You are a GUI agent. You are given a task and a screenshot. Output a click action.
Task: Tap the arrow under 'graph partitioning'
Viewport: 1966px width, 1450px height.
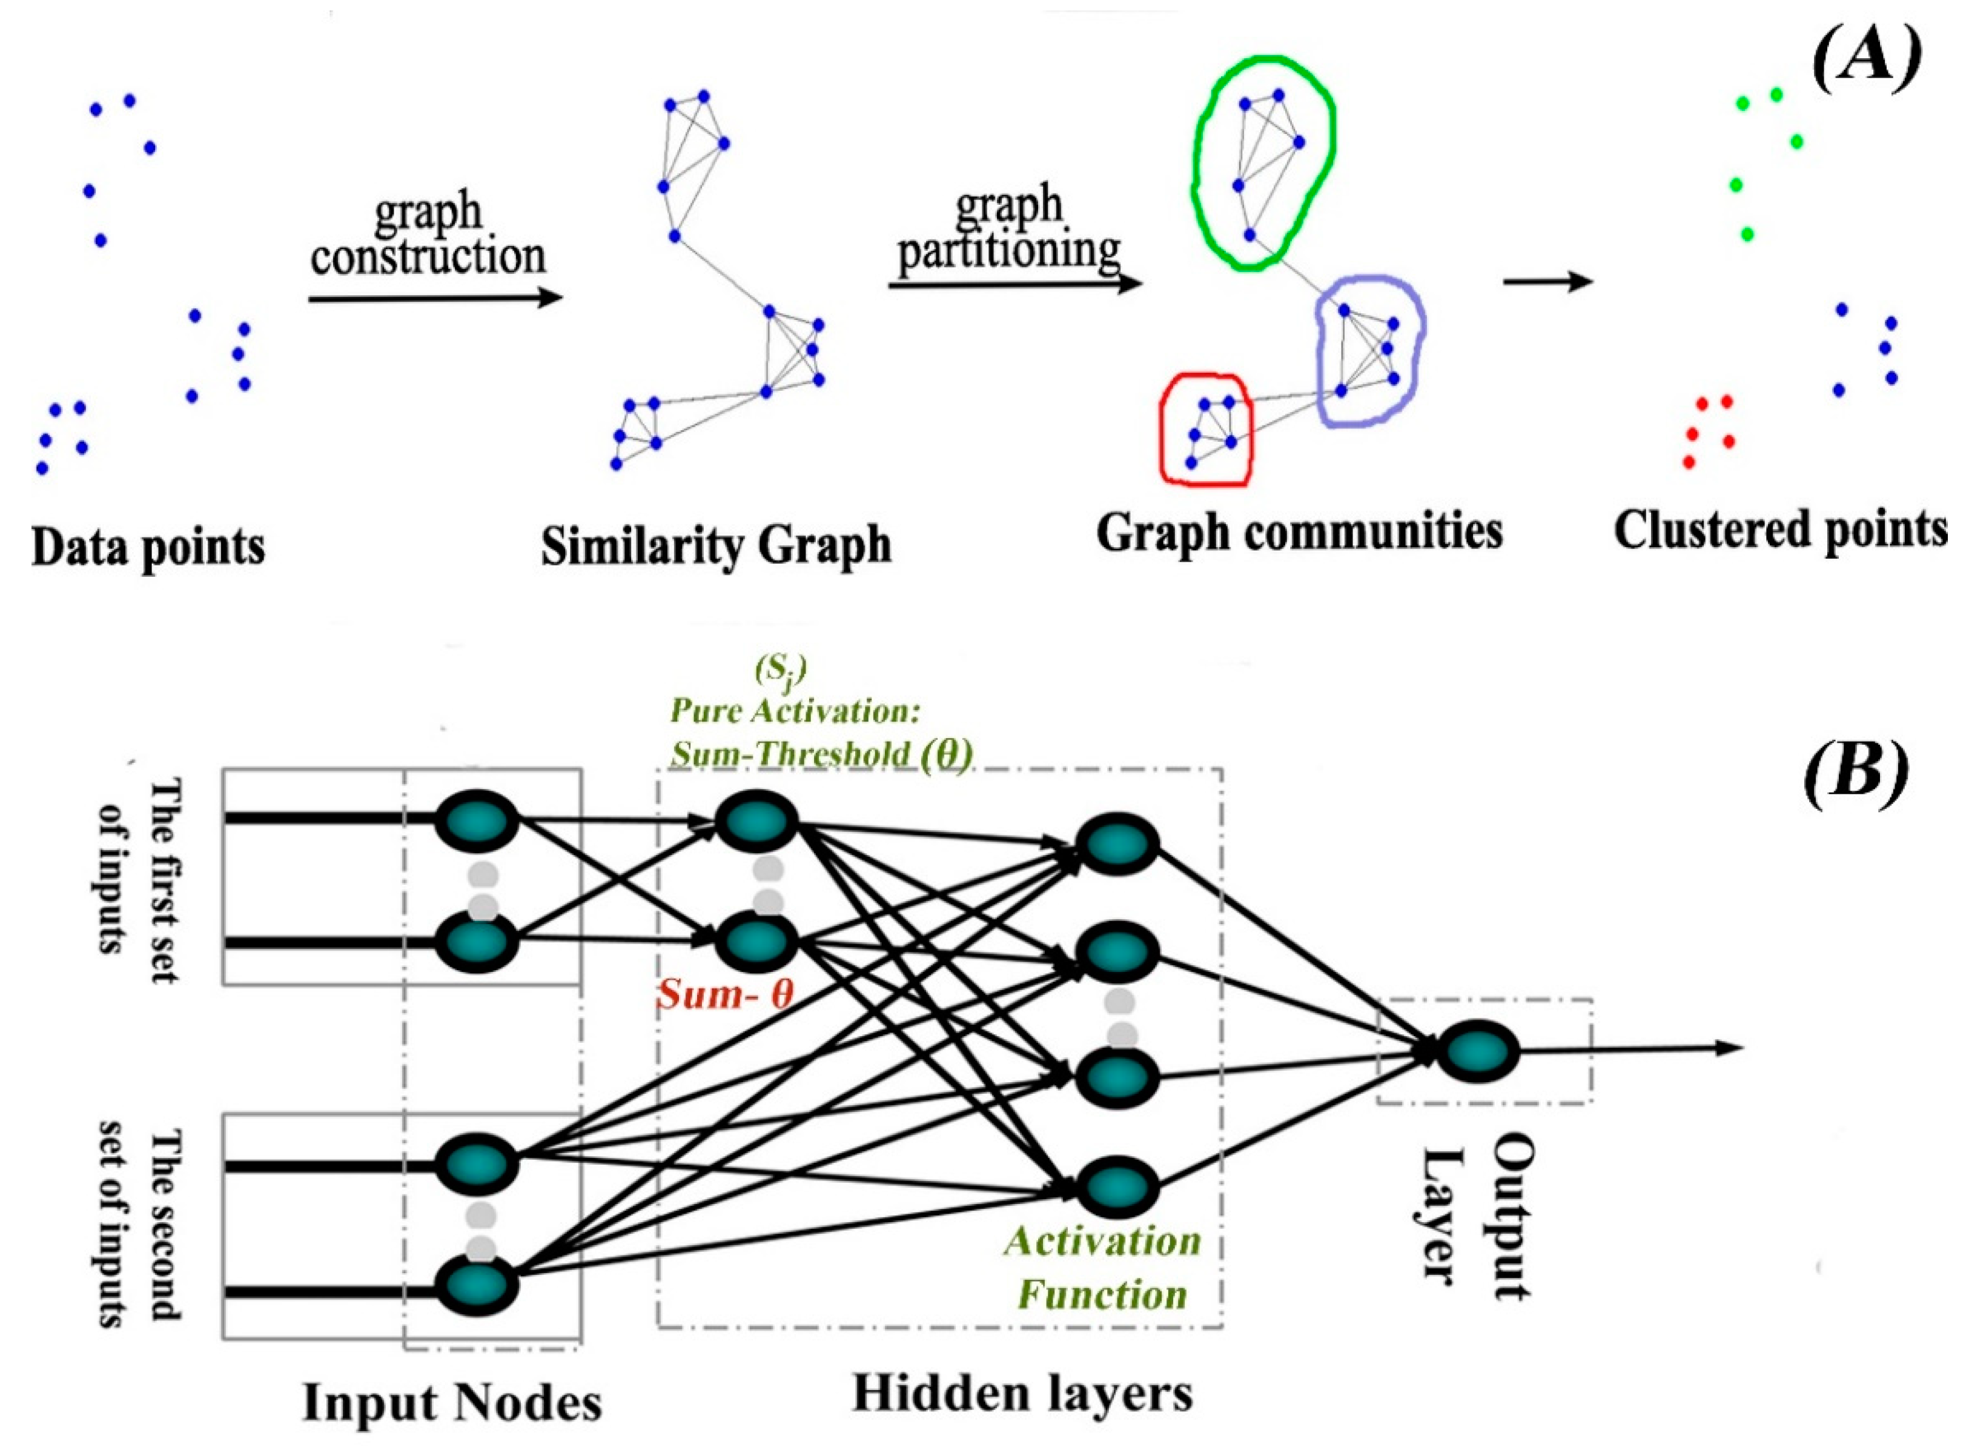(x=1014, y=284)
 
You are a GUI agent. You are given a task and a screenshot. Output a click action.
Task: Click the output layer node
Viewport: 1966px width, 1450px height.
(x=1481, y=1051)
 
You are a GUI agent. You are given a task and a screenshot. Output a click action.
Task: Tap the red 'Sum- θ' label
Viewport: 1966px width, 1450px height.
(x=726, y=994)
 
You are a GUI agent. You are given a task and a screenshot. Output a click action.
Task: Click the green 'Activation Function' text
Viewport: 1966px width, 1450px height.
(x=1103, y=1268)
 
